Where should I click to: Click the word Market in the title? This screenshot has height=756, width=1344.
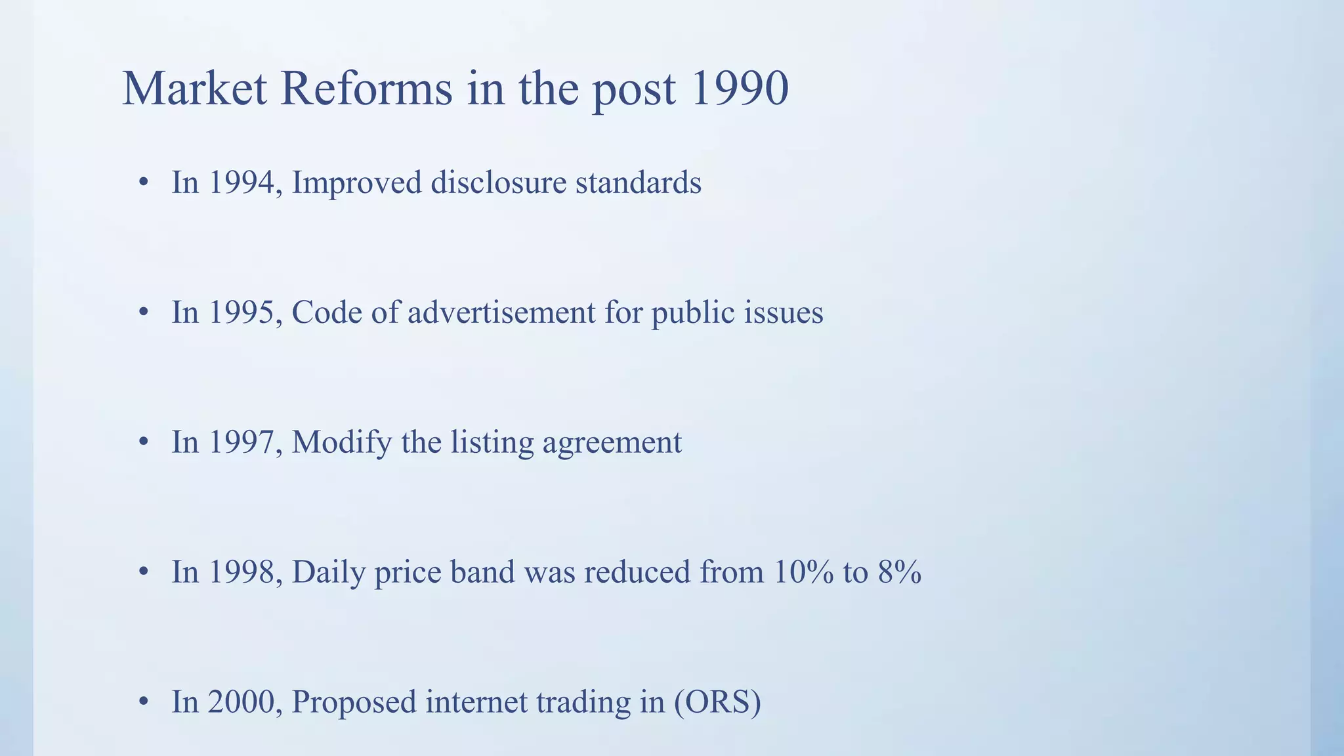[194, 89]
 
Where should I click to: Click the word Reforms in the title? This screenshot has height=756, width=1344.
[366, 89]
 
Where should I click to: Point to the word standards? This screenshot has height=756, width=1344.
[638, 182]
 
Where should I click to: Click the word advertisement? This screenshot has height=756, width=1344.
[501, 312]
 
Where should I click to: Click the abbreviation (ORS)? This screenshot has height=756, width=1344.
[717, 702]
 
